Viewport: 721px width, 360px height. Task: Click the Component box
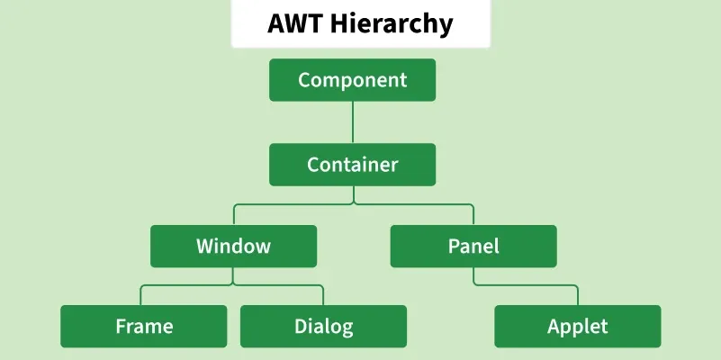[x=352, y=80]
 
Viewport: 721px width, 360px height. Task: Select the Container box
[x=352, y=165]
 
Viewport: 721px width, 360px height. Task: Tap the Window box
[x=234, y=246]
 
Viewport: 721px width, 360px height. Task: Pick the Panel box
[x=473, y=246]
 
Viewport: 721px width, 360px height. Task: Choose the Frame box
[x=144, y=327]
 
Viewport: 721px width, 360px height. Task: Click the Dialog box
[x=324, y=327]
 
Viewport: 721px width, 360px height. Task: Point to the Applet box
[x=578, y=327]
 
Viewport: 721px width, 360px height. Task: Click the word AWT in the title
[x=294, y=23]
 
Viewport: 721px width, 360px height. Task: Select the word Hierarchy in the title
[x=392, y=24]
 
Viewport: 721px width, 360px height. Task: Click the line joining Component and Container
[x=353, y=122]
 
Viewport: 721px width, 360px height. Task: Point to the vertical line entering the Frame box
[x=140, y=295]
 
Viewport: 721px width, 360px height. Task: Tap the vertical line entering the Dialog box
[x=323, y=295]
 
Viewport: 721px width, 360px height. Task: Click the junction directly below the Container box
[x=353, y=204]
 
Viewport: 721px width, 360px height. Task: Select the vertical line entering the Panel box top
[x=473, y=215]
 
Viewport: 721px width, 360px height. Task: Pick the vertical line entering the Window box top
[x=234, y=215]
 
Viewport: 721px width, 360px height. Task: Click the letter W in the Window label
[x=205, y=246]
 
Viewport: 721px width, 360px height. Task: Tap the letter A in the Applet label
[x=554, y=327]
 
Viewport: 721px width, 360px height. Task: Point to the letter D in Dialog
[x=301, y=327]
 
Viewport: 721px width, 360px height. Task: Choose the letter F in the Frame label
[x=121, y=327]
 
